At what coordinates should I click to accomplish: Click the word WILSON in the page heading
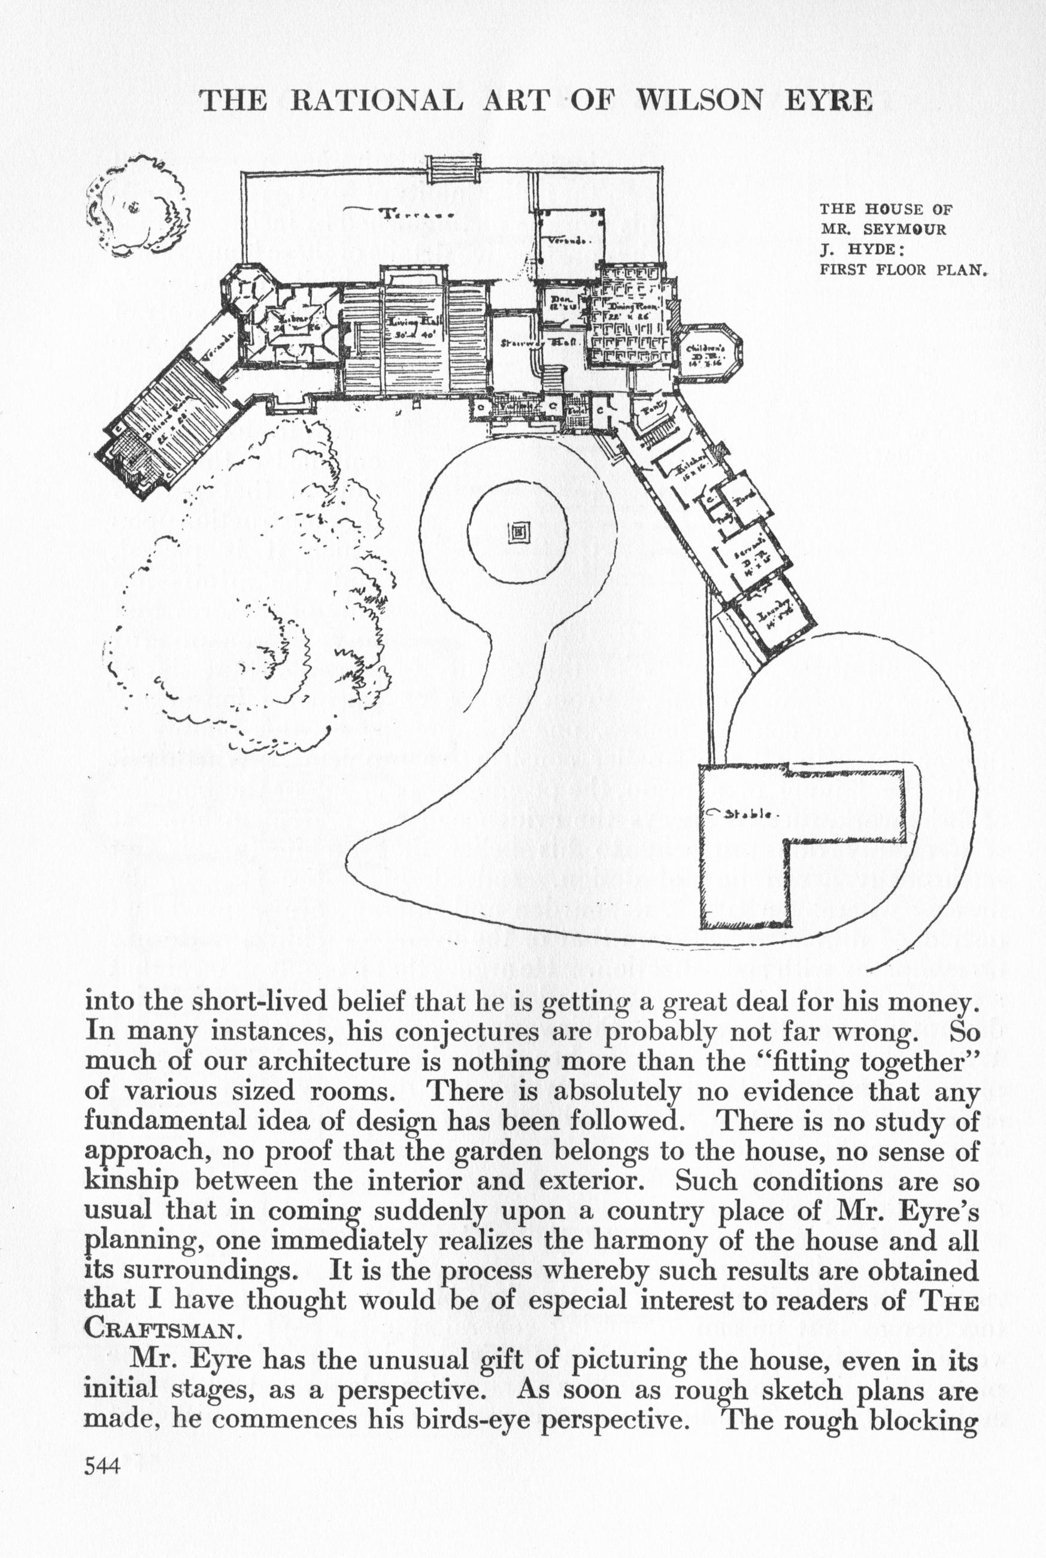(704, 100)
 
